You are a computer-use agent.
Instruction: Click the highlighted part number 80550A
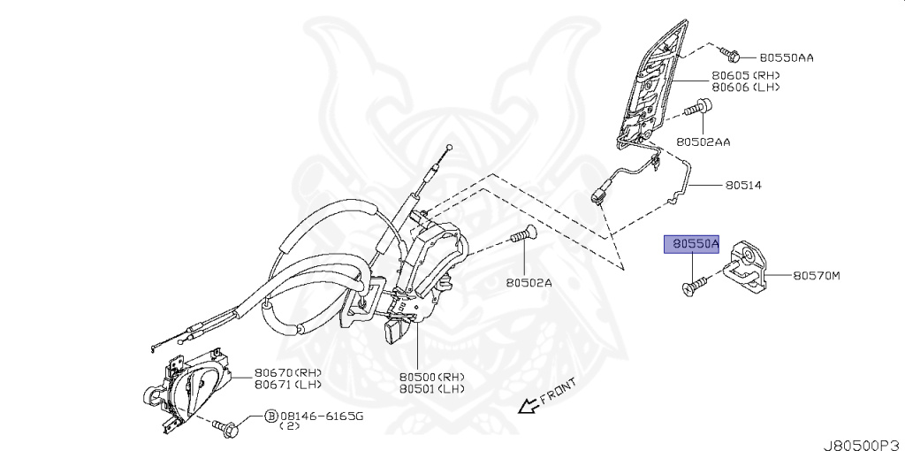[x=694, y=242]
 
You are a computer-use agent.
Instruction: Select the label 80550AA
[x=786, y=57]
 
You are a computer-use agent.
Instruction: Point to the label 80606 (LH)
[x=745, y=88]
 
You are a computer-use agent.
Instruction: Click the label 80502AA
[x=704, y=141]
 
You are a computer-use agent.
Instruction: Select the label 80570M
[x=816, y=276]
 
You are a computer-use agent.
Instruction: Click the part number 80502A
[x=529, y=283]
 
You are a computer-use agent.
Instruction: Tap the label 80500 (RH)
[x=431, y=376]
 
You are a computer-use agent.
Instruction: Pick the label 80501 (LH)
[x=431, y=388]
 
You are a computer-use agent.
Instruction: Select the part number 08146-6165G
[x=316, y=415]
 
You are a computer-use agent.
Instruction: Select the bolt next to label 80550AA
[x=730, y=55]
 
